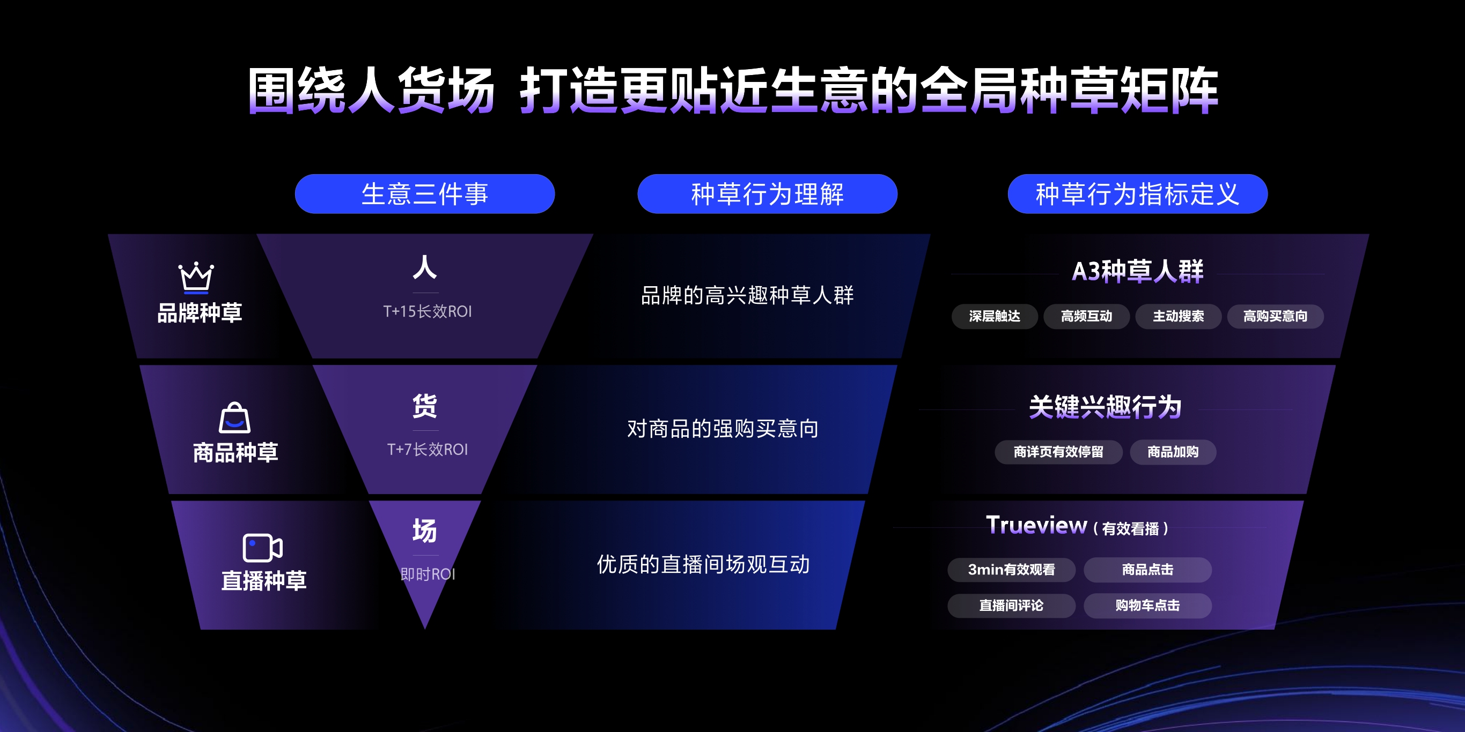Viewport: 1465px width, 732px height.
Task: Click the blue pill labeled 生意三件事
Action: (425, 194)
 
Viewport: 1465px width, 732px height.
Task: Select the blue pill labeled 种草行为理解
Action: (767, 194)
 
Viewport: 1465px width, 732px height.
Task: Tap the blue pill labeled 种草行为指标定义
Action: (1137, 194)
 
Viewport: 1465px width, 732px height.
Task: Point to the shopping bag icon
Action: (234, 418)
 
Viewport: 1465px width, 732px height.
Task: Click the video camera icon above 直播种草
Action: (262, 548)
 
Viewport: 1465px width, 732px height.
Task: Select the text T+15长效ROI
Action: (427, 311)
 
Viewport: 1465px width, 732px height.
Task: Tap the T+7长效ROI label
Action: (427, 450)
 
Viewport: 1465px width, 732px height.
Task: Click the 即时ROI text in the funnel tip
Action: (428, 574)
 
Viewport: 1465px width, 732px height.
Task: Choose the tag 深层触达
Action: (995, 316)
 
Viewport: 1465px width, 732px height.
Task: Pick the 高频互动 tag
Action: (1086, 316)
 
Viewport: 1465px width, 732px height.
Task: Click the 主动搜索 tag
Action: (1179, 316)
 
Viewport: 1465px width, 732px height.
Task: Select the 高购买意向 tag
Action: (1276, 316)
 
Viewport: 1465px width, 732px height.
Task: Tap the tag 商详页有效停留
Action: (1058, 452)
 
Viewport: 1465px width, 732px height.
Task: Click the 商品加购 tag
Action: (1173, 452)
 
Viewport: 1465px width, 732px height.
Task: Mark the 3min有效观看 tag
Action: (1011, 570)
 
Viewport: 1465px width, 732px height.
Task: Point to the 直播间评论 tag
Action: (1011, 605)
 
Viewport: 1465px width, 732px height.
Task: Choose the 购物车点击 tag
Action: (1147, 605)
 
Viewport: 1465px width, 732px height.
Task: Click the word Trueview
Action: (1036, 525)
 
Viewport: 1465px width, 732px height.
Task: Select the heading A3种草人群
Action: (1137, 271)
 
